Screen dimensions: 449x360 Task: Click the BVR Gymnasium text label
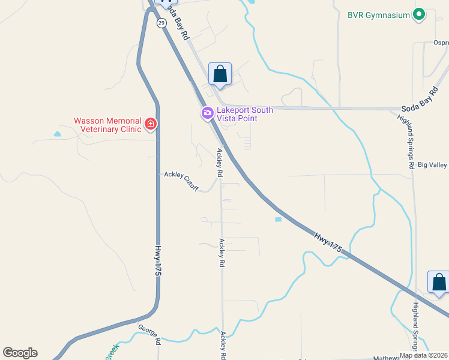[379, 14]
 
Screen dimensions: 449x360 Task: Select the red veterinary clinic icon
[150, 124]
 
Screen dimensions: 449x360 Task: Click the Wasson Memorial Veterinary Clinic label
[107, 124]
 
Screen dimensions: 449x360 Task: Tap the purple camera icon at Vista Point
[207, 113]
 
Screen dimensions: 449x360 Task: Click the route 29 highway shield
[161, 23]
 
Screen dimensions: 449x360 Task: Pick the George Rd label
[149, 334]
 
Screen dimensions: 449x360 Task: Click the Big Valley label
[433, 164]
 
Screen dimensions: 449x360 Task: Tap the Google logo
[20, 353]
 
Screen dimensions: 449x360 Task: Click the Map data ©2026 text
[424, 355]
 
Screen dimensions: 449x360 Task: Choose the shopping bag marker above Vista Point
[220, 74]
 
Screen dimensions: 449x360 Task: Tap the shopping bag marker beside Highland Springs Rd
[438, 282]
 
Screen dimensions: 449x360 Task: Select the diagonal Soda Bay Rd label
[178, 28]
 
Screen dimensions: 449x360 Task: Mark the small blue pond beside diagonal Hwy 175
[278, 220]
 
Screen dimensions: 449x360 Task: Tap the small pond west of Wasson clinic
[57, 134]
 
